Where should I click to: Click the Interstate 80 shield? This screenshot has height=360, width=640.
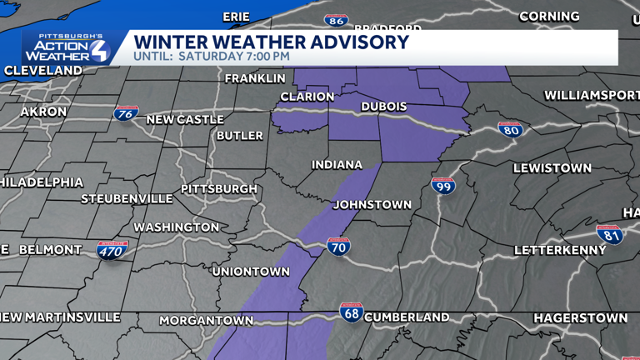point(511,129)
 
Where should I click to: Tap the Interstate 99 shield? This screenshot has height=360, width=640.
point(443,185)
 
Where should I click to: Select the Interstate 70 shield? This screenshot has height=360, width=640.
point(338,246)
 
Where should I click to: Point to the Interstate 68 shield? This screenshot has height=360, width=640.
point(352,312)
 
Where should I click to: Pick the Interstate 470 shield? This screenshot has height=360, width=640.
point(112,250)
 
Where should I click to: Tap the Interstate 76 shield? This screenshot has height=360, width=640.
point(127,115)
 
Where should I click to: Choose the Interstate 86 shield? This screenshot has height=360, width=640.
point(336,20)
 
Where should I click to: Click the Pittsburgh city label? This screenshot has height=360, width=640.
point(219,189)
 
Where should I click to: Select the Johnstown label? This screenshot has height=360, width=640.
point(372,204)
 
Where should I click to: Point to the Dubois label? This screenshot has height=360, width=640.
point(384,107)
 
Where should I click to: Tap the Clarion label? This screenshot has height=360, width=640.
point(307,97)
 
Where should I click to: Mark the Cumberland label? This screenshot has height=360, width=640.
point(407,317)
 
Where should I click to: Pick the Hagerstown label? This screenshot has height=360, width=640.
point(581,318)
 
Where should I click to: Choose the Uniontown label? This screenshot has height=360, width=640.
point(251,272)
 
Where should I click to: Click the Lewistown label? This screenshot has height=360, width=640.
point(552,167)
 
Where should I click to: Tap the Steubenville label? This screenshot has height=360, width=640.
point(127,199)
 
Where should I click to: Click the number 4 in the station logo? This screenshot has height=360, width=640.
point(98,50)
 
